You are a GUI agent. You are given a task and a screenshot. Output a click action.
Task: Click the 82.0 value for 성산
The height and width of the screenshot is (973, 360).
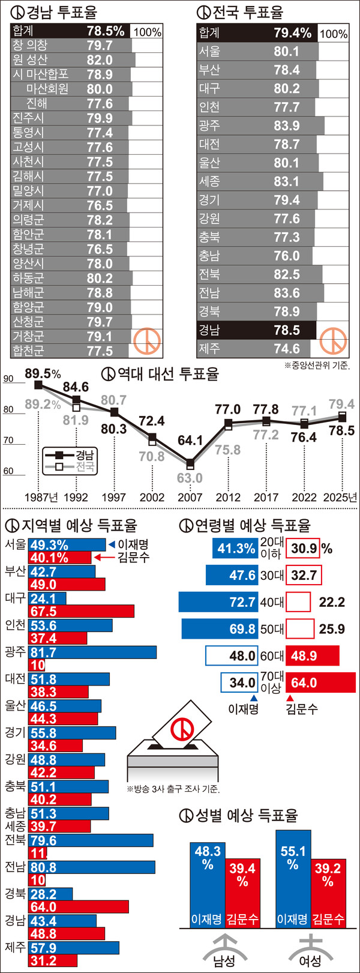pos(100,60)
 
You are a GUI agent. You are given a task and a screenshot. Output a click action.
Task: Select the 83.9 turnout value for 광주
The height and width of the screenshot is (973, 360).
pos(287,125)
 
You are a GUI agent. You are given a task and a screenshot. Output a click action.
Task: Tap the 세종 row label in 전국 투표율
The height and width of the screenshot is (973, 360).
pos(209,181)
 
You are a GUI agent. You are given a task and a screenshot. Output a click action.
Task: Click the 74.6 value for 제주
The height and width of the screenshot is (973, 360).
pos(287,349)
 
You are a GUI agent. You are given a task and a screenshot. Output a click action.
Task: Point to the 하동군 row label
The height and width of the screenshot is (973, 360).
pos(28,279)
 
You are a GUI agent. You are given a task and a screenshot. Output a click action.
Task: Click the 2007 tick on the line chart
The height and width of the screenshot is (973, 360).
pos(190,497)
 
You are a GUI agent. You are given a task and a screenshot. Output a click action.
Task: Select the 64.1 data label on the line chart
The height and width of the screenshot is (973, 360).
pos(190,441)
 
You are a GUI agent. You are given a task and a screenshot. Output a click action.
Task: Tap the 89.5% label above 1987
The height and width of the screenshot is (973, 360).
pos(43,374)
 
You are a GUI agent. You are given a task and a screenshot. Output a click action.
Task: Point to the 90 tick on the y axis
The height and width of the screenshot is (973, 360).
pos(8,379)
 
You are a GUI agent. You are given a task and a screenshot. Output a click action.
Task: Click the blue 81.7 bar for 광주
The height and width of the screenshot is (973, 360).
pos(92,652)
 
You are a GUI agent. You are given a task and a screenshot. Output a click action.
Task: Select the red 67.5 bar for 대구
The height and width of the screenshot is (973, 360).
pos(81,611)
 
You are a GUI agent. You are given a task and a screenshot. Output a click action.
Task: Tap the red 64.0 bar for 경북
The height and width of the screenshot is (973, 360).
pos(78,906)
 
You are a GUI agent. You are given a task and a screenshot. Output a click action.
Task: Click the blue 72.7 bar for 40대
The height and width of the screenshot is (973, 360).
pos(218,602)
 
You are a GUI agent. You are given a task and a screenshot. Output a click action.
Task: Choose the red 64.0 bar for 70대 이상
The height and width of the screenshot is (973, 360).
pos(320,683)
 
